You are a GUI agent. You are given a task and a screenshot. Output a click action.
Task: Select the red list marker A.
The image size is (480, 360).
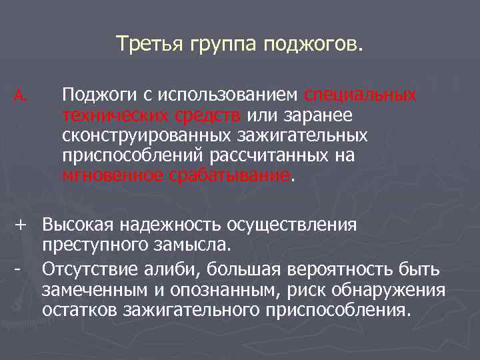click(x=19, y=97)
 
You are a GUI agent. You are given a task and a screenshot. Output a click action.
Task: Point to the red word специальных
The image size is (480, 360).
click(x=361, y=96)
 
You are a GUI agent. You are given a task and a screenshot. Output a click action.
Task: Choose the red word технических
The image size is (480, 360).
click(x=115, y=116)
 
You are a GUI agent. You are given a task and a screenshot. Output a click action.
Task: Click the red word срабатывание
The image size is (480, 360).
click(x=231, y=175)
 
